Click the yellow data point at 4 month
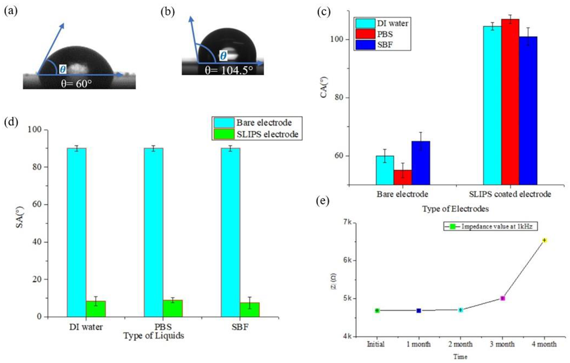[x=544, y=240]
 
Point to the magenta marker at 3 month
[x=502, y=298]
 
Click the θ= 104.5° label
[x=226, y=68]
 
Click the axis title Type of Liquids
[x=153, y=336]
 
